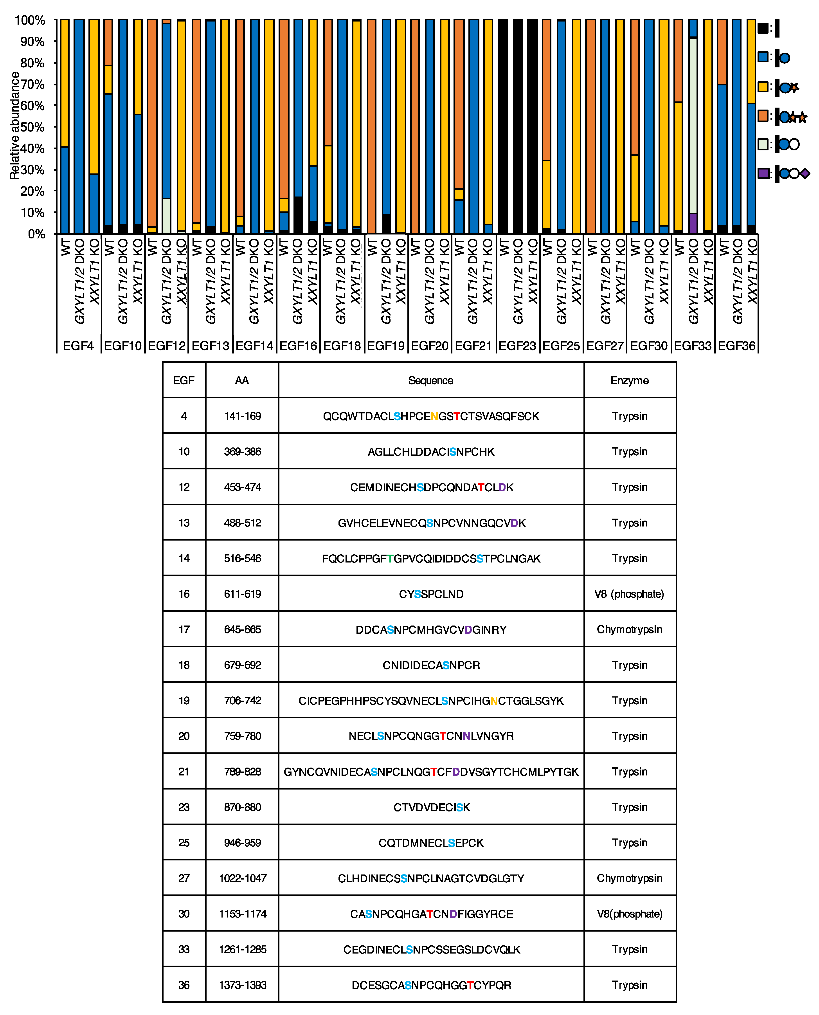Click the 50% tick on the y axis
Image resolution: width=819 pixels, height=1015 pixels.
32,127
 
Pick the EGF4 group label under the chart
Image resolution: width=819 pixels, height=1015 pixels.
78,346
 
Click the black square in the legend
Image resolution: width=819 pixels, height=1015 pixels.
763,28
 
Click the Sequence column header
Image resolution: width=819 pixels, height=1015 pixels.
431,380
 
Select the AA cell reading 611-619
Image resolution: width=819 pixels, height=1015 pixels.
243,594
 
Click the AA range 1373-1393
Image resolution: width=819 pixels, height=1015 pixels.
243,985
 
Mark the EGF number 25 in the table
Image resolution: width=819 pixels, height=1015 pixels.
184,843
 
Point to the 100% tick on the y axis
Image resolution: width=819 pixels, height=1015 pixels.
30,20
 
